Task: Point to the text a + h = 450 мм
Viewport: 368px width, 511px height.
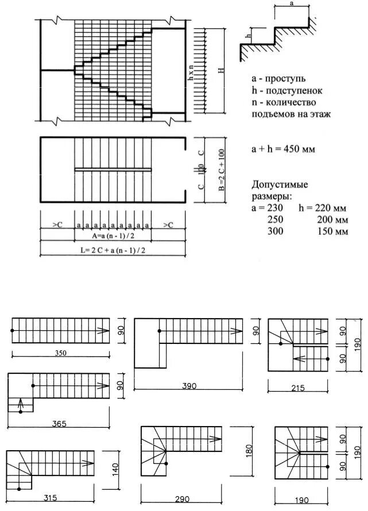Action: [283, 148]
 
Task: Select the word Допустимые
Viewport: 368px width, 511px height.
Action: [280, 185]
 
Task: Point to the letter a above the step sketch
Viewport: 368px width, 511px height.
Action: [292, 3]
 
